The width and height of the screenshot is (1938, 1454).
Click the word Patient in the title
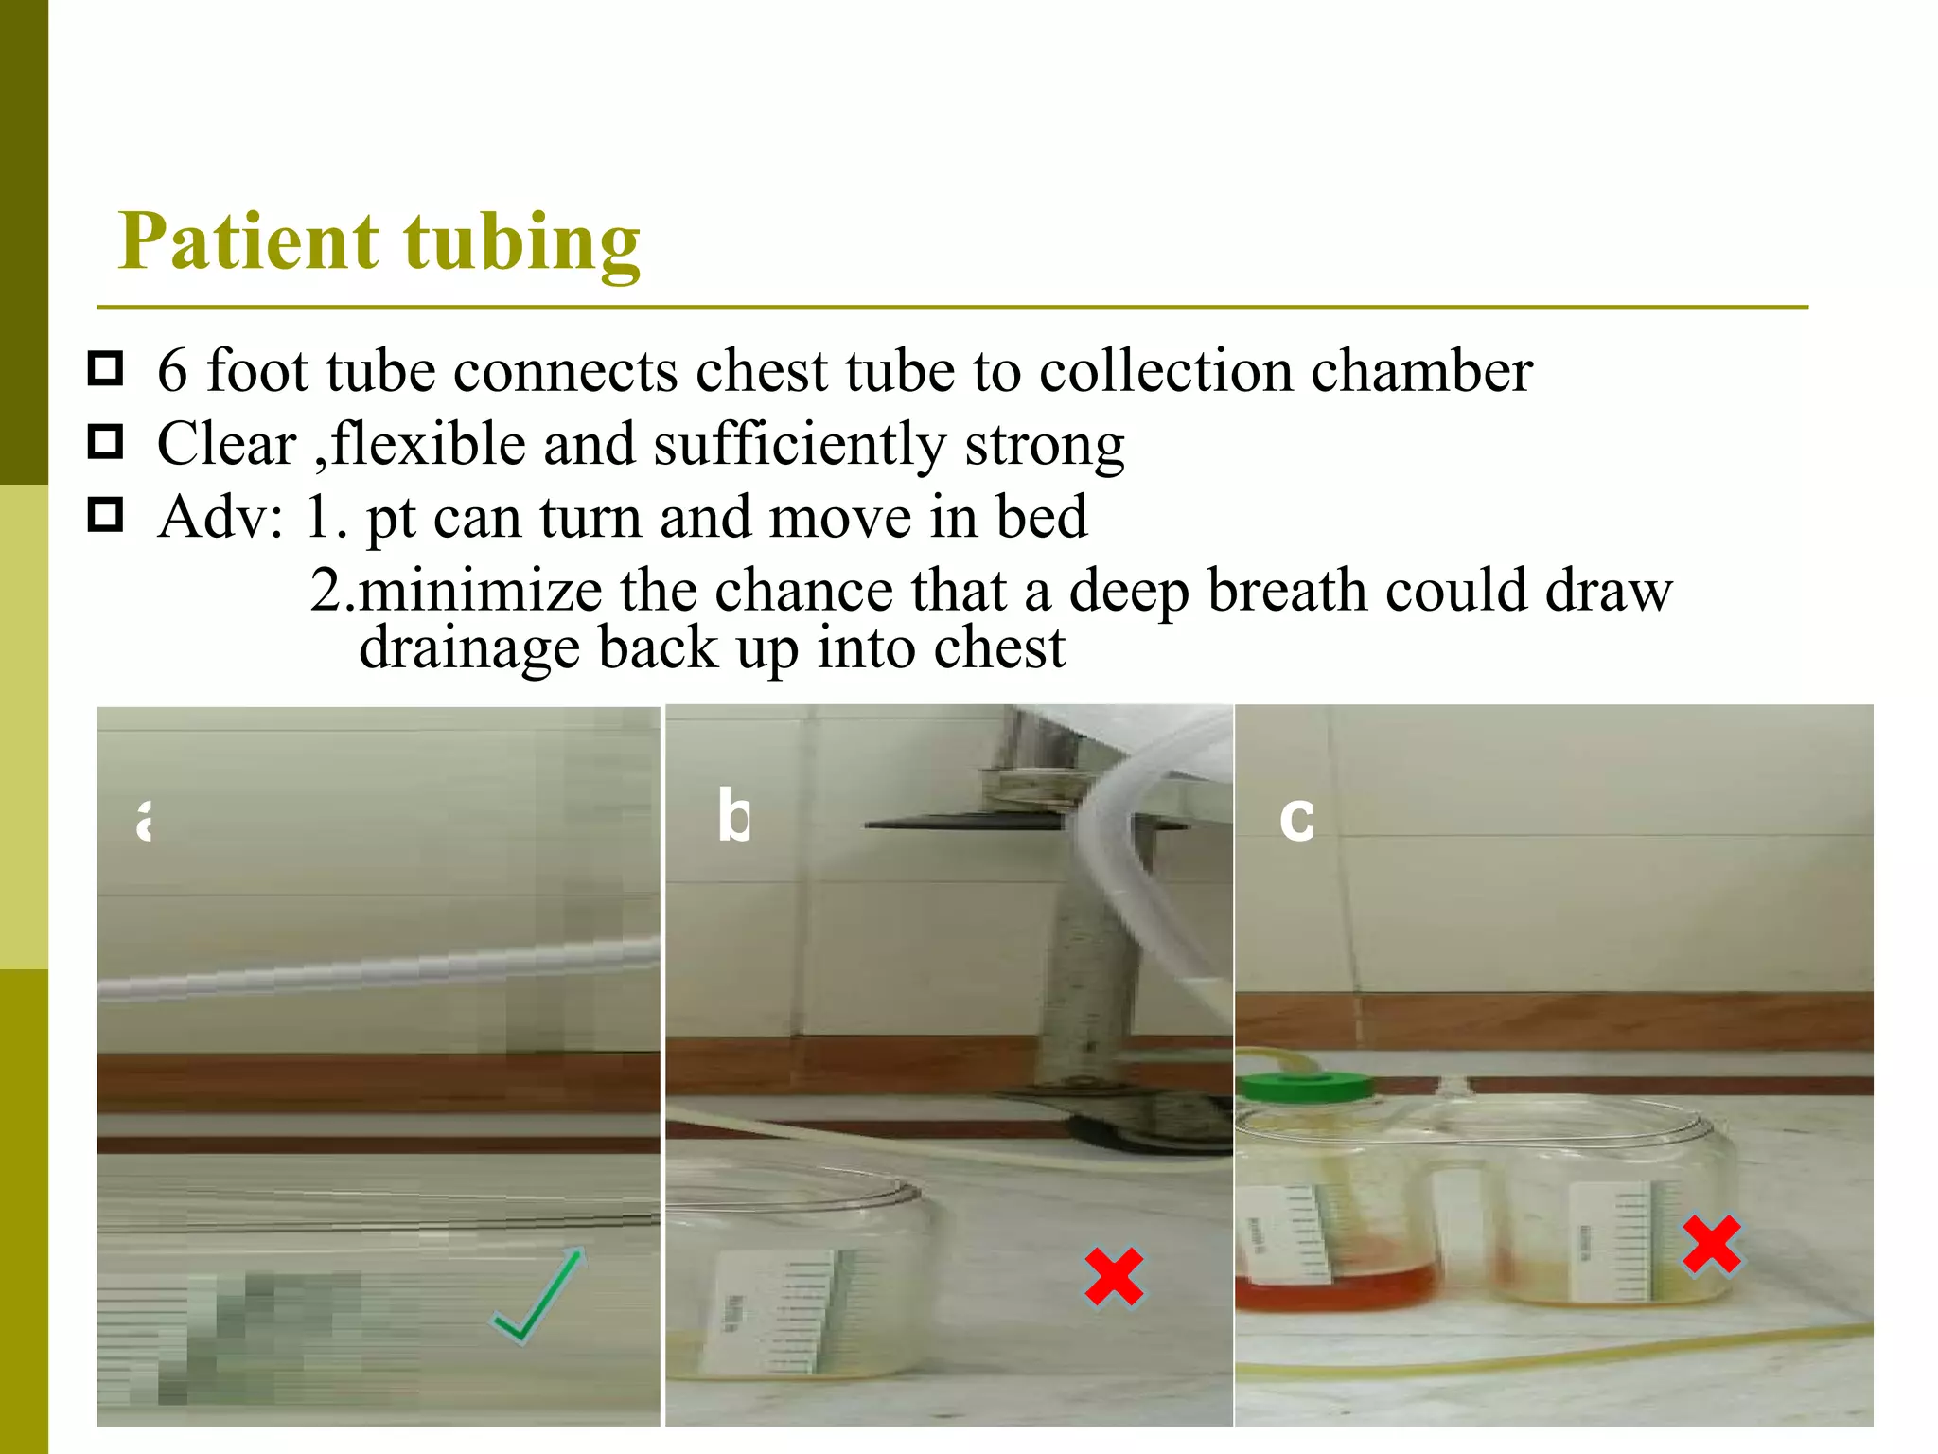(x=249, y=241)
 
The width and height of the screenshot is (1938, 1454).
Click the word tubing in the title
(x=522, y=243)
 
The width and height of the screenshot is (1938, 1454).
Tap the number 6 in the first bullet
(x=172, y=370)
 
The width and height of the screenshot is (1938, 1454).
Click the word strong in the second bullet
(x=1045, y=444)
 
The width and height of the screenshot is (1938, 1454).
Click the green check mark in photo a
(x=537, y=1296)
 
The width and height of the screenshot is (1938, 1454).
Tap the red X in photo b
(x=1114, y=1277)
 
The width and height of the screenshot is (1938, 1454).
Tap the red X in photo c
(x=1712, y=1244)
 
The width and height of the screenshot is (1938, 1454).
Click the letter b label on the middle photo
(x=733, y=815)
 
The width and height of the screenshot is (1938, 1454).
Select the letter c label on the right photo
(x=1296, y=818)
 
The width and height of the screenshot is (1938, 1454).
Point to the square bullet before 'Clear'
(x=105, y=441)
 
